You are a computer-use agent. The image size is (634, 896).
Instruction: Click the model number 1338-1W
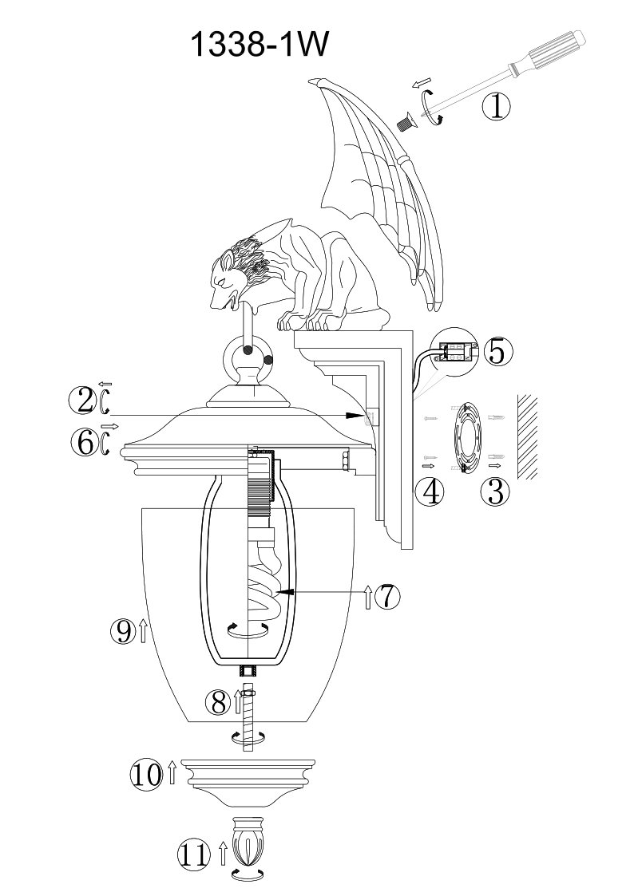click(x=260, y=45)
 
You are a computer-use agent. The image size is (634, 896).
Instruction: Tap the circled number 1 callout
click(x=497, y=107)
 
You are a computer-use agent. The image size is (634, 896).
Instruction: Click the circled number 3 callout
click(x=495, y=491)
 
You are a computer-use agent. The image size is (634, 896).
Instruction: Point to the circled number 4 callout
click(x=430, y=491)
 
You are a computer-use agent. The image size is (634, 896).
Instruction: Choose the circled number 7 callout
click(x=387, y=597)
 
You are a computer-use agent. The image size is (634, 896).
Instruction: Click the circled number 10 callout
click(x=147, y=776)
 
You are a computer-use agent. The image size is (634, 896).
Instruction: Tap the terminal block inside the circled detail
click(x=456, y=349)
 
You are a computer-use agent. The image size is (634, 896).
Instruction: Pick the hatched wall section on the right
click(x=528, y=436)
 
